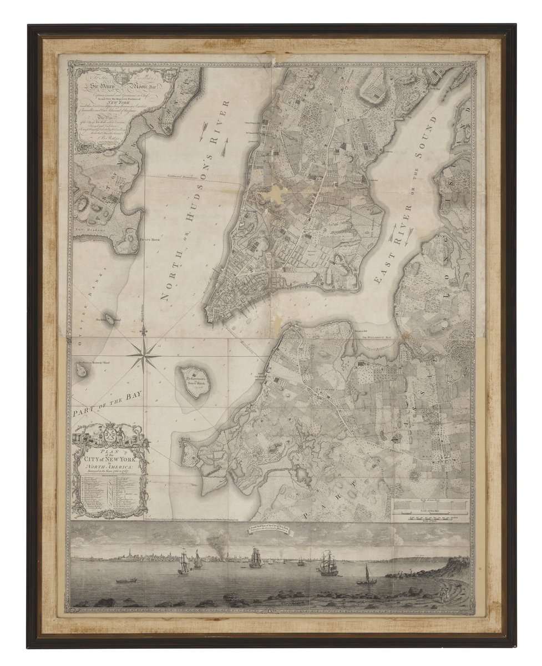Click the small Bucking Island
pyautogui.click(x=110, y=319)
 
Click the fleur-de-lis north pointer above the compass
pyautogui.click(x=144, y=331)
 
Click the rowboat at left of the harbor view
pyautogui.click(x=124, y=581)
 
